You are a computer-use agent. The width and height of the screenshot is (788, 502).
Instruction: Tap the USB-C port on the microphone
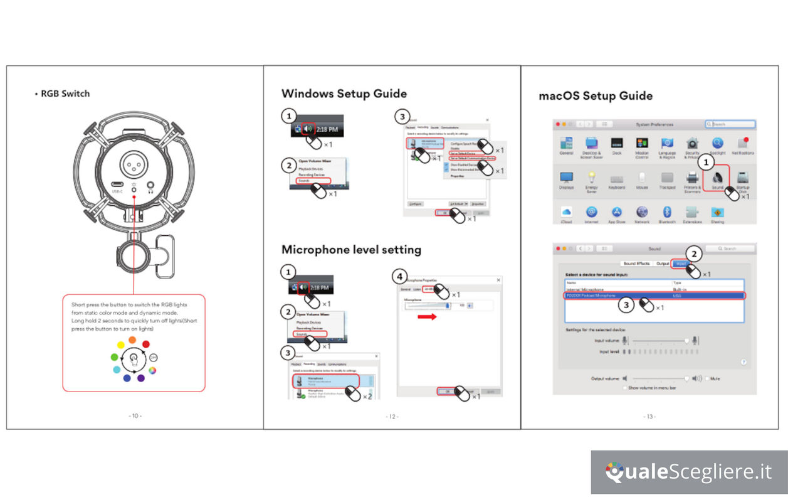(117, 184)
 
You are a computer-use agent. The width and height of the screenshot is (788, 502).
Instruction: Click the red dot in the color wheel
(146, 344)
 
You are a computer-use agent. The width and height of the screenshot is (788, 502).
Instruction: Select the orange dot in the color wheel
(132, 340)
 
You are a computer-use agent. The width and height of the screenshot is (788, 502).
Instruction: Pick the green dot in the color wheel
(115, 357)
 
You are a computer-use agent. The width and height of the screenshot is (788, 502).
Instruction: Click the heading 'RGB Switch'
(65, 93)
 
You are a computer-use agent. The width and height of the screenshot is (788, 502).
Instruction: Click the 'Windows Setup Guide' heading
(344, 93)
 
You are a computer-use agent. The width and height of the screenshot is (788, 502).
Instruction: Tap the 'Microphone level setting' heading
(351, 249)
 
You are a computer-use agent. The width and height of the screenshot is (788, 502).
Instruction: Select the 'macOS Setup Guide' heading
(596, 96)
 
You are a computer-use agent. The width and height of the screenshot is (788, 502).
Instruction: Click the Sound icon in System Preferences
(717, 178)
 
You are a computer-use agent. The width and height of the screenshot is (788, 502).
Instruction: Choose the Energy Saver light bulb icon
(591, 178)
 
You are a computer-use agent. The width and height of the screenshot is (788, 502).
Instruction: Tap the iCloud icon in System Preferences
(566, 212)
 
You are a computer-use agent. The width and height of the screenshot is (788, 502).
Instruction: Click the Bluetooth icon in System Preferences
(666, 212)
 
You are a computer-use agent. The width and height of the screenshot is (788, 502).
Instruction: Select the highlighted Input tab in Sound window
(680, 264)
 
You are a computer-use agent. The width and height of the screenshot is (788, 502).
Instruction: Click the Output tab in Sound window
(662, 264)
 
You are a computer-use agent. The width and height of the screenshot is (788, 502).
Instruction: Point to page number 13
(649, 416)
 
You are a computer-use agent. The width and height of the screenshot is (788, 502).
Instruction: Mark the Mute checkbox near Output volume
(708, 379)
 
